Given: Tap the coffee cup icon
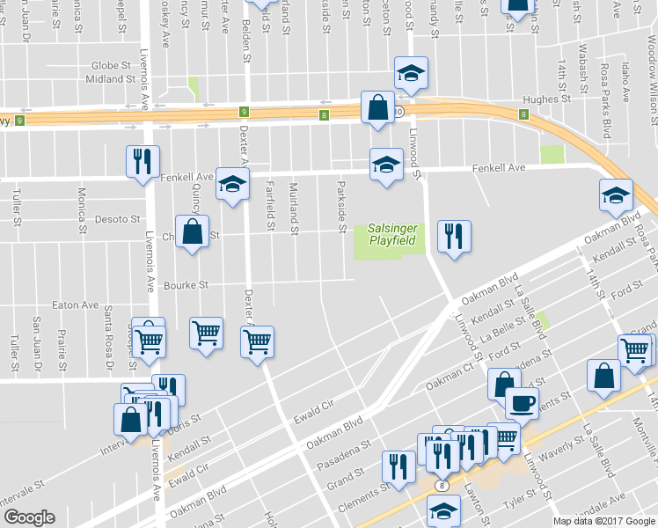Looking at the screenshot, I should click(522, 402).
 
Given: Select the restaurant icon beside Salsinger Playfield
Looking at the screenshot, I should click(453, 235).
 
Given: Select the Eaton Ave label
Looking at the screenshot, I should click(76, 304).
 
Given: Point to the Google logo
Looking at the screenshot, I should click(29, 517).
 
